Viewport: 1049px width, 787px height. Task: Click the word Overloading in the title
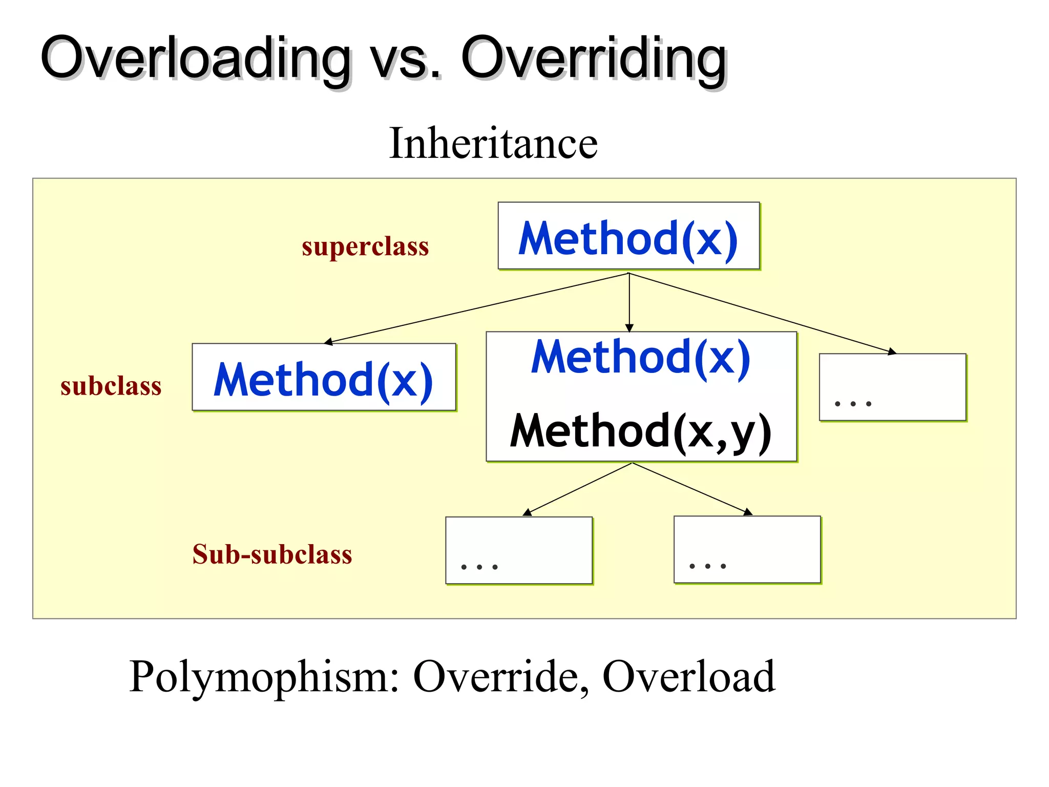pyautogui.click(x=195, y=59)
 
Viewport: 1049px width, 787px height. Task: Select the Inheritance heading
pyautogui.click(x=493, y=143)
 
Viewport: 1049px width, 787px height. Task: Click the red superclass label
pyautogui.click(x=365, y=247)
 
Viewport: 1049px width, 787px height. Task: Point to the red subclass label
pyautogui.click(x=111, y=386)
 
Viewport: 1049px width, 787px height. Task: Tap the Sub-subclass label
pyautogui.click(x=272, y=554)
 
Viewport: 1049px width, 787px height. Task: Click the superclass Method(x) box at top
pyautogui.click(x=628, y=236)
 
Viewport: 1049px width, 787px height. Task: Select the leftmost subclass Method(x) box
pyautogui.click(x=324, y=378)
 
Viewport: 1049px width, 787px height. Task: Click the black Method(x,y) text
pyautogui.click(x=640, y=432)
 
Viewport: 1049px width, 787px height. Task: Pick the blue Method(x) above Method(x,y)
pyautogui.click(x=640, y=357)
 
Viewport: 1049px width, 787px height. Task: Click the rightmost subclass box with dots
pyautogui.click(x=892, y=387)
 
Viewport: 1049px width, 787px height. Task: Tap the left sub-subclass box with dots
pyautogui.click(x=519, y=550)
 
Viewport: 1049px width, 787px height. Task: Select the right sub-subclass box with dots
pyautogui.click(x=747, y=549)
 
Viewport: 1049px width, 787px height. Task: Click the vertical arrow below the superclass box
pyautogui.click(x=630, y=302)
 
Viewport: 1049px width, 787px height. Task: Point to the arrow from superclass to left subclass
pyautogui.click(x=476, y=308)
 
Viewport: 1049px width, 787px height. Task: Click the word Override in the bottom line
pyautogui.click(x=495, y=677)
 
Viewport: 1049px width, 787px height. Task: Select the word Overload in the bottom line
pyautogui.click(x=688, y=677)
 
